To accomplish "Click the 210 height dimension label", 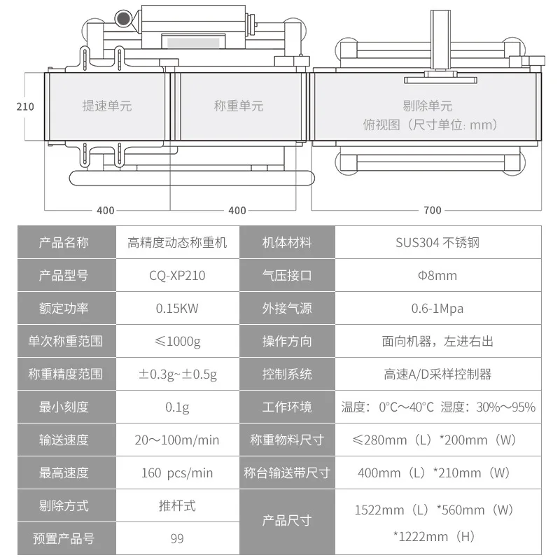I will point(24,106).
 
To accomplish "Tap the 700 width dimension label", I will point(433,210).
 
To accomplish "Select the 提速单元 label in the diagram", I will point(107,106).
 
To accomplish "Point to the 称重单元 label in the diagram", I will point(239,106).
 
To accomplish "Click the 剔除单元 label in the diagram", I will point(428,106).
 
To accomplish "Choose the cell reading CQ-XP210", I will point(177,275).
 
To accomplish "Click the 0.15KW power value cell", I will point(177,308).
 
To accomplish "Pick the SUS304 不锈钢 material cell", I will point(437,243).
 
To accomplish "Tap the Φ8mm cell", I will point(437,275).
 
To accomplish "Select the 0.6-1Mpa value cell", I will point(437,308).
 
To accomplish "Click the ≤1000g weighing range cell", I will point(177,341).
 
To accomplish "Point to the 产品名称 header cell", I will point(64,243).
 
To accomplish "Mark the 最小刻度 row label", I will point(64,407).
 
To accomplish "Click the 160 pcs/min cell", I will point(177,472).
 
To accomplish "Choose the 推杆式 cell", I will point(177,505).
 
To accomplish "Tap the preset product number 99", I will point(177,538).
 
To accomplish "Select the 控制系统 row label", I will point(287,374).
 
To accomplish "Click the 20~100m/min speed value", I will point(177,440).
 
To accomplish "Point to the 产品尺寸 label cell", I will point(287,521).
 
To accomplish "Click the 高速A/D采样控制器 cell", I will point(437,374).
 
